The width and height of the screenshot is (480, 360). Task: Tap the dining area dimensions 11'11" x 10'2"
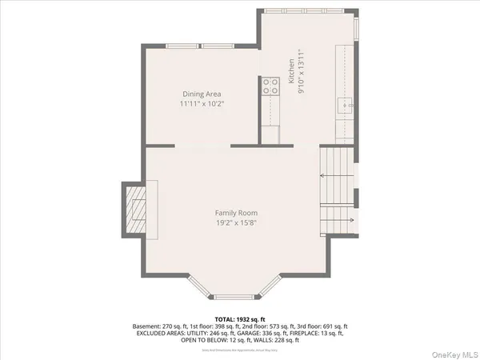[x=201, y=104]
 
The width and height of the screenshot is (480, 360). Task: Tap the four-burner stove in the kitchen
[x=270, y=85]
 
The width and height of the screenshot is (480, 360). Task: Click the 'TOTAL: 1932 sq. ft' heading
[x=239, y=319]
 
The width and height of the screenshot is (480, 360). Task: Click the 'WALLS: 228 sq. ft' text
[x=279, y=341]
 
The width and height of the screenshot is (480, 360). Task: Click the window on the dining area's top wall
[x=200, y=45]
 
